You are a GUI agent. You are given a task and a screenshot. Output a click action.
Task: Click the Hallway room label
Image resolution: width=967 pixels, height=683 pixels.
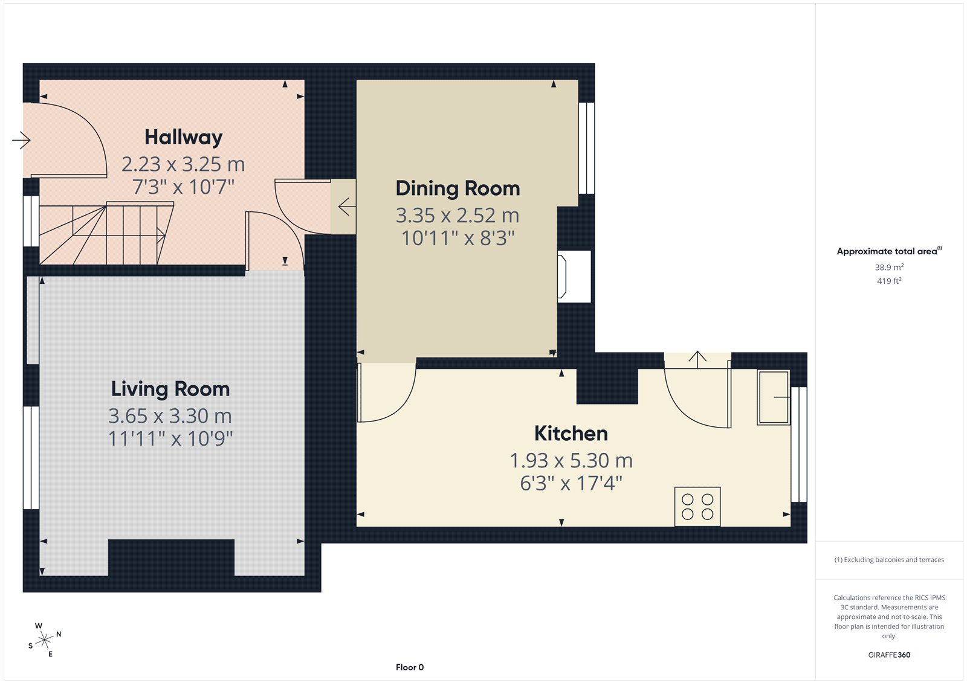pos(184,138)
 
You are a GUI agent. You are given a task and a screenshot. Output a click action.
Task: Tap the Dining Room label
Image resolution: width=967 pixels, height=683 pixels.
pos(458,188)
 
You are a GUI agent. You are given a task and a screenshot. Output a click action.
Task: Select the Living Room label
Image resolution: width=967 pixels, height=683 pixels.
pos(170,389)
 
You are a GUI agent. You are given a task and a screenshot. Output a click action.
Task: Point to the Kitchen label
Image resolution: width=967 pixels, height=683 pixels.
pos(571,434)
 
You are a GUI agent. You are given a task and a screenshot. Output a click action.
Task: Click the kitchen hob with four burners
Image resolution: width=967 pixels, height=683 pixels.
pos(697,507)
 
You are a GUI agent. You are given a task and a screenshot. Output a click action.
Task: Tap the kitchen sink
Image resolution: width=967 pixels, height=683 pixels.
pos(774,397)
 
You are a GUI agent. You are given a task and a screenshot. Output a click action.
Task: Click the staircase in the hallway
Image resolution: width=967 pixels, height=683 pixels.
pos(106,233)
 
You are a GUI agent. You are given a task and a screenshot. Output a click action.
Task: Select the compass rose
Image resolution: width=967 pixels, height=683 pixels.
pos(45,640)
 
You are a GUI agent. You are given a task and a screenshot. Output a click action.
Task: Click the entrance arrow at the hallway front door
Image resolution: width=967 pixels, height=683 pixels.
pos(21,139)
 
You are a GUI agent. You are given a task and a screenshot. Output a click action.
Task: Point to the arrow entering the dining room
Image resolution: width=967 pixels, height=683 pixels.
pos(347,207)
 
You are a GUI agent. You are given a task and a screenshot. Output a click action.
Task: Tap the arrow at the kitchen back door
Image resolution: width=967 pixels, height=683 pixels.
pos(697,360)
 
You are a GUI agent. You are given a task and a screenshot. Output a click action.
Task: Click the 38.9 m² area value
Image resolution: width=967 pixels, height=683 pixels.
pos(889,267)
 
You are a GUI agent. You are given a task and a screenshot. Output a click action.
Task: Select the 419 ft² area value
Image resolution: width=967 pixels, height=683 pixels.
pos(889,281)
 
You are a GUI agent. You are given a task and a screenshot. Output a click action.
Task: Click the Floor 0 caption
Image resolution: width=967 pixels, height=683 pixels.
pos(410,667)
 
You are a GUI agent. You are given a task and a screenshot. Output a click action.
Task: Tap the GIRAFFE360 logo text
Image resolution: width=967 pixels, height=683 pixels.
pos(889,655)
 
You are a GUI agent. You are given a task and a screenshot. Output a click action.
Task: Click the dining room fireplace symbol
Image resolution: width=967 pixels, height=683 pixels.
pos(561,277)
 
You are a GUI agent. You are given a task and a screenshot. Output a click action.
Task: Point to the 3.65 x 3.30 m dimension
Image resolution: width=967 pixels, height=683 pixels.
pos(170,416)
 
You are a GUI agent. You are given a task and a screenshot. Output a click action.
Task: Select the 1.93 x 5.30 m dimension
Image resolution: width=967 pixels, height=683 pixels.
pos(571,460)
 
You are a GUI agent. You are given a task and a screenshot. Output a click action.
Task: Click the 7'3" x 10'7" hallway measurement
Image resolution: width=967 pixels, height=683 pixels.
pos(184,187)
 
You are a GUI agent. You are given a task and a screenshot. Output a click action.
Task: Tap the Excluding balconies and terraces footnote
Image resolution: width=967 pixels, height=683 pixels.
pos(889,560)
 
